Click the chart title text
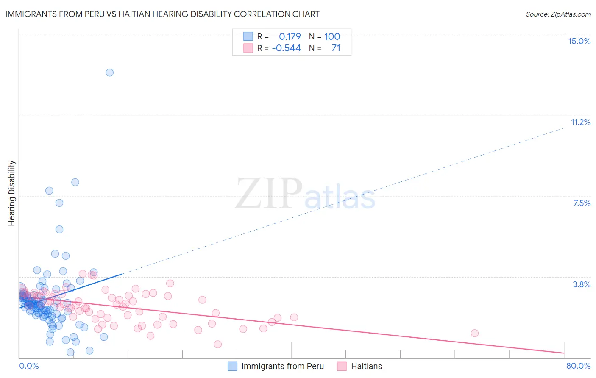click(x=162, y=14)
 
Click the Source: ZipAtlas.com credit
click(x=558, y=14)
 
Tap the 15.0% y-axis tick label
click(x=579, y=41)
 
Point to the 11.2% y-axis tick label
click(x=580, y=122)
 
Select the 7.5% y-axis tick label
click(x=582, y=203)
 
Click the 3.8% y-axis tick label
click(x=582, y=284)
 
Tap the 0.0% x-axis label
click(x=29, y=366)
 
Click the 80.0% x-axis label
click(x=578, y=366)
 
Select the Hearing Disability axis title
click(x=12, y=193)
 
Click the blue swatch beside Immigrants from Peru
click(x=233, y=366)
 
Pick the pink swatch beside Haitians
click(x=342, y=366)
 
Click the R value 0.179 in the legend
click(x=290, y=36)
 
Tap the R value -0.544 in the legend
click(x=286, y=48)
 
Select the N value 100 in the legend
click(x=332, y=36)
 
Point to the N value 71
click(x=336, y=48)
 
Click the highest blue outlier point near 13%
click(x=109, y=72)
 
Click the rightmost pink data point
click(x=474, y=333)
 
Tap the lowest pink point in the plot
click(x=217, y=344)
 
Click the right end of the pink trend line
click(x=564, y=353)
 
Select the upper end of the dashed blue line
click(x=565, y=127)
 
